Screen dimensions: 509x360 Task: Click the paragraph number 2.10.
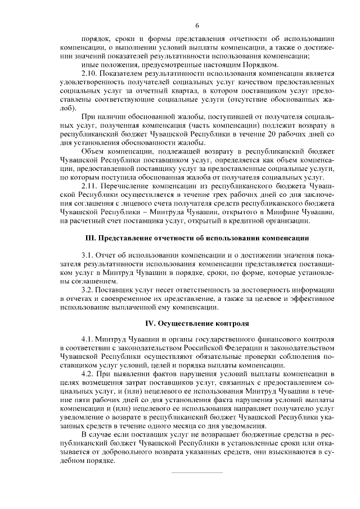tap(90, 74)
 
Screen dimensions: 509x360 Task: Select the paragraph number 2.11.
tap(90, 184)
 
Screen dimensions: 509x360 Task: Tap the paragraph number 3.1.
tap(88, 255)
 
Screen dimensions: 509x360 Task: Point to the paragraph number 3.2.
tap(88, 290)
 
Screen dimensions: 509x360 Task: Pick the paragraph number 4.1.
tap(88, 340)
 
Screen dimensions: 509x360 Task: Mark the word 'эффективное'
tap(310, 299)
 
